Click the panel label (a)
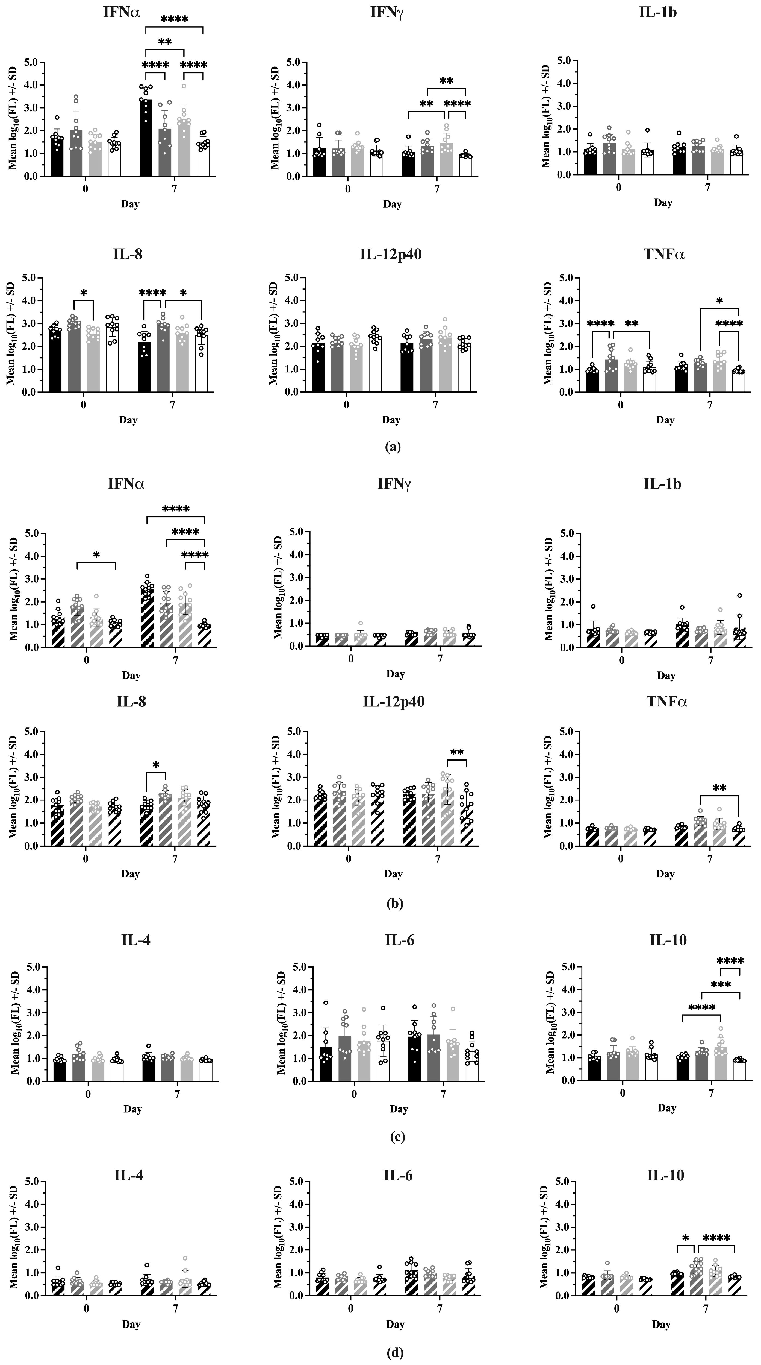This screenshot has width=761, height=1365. click(393, 447)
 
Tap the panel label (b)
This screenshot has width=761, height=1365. click(394, 904)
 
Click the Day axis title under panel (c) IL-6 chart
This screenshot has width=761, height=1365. click(398, 1109)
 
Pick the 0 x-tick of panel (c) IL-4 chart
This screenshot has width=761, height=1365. click(88, 1094)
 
